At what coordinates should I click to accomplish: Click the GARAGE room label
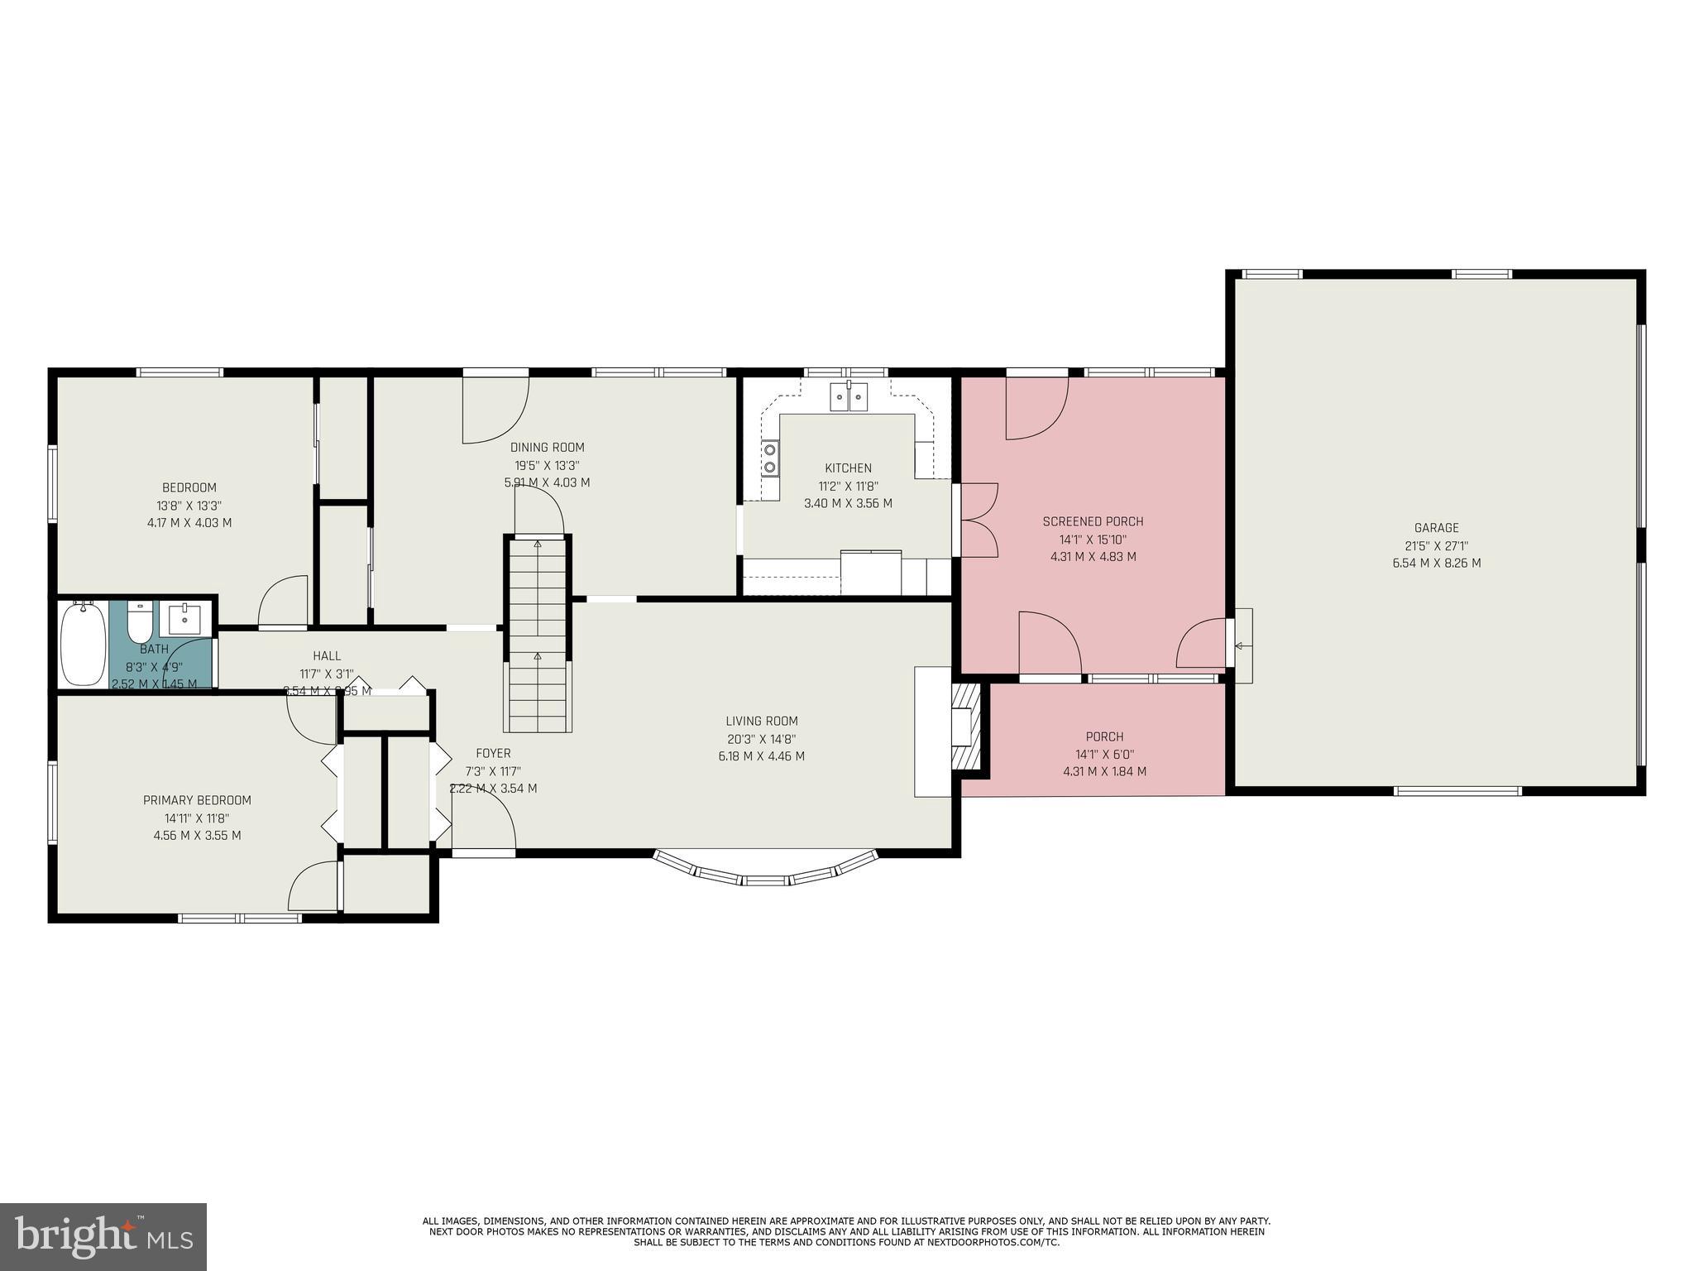point(1436,528)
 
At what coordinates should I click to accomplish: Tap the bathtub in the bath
point(84,644)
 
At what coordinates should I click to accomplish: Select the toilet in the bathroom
point(140,620)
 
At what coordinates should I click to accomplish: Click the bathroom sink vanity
point(184,618)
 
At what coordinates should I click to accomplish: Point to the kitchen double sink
point(849,397)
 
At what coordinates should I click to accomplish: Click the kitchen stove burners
point(770,458)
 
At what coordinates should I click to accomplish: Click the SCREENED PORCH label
point(1093,521)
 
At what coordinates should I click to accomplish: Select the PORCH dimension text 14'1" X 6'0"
point(1104,754)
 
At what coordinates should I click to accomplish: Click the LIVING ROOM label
point(761,721)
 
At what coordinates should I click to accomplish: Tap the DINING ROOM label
point(547,448)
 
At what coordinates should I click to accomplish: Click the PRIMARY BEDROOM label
point(197,800)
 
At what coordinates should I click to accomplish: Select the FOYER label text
point(493,753)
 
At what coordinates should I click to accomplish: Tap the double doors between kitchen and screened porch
point(978,520)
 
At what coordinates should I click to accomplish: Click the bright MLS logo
point(103,1237)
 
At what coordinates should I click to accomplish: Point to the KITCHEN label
point(848,468)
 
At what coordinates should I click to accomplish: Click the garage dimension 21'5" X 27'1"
point(1436,546)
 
